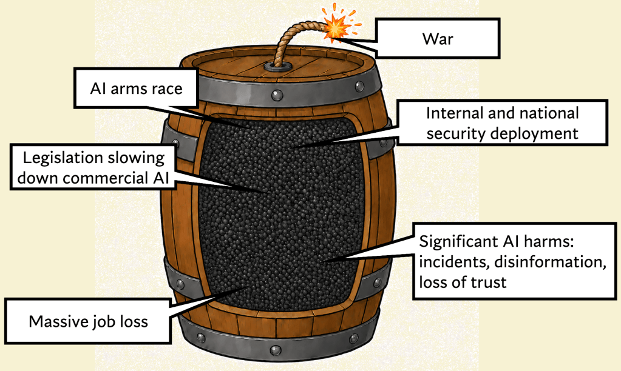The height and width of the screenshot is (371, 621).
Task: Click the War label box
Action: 437,38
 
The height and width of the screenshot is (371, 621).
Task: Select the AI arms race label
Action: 136,88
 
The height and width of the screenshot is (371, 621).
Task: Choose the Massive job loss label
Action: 88,321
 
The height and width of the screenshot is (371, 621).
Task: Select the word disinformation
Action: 551,262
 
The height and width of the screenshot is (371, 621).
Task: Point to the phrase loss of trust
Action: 463,282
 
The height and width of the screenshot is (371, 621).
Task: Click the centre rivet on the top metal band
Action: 276,95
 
